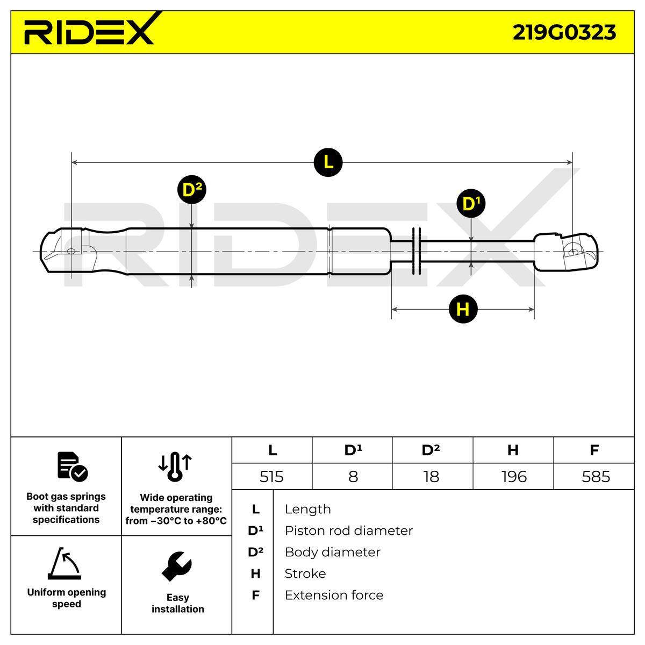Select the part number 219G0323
pos(564,33)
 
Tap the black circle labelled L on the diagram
pos(328,161)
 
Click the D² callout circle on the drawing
pos(191,190)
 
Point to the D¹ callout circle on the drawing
pos(470,204)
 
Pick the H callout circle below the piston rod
pos(463,309)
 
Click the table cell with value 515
pos(271,477)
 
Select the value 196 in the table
pos(513,477)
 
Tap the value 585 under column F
pos(596,477)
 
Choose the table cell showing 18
pos(431,477)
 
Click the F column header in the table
pos(594,450)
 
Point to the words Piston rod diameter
pos(348,531)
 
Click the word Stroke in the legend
pos(305,574)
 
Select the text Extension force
pos(334,596)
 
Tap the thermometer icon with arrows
pos(175,466)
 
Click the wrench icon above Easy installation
pos(177,566)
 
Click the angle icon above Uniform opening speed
pos(65,564)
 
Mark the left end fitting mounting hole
pos(71,251)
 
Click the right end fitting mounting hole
pos(572,252)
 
